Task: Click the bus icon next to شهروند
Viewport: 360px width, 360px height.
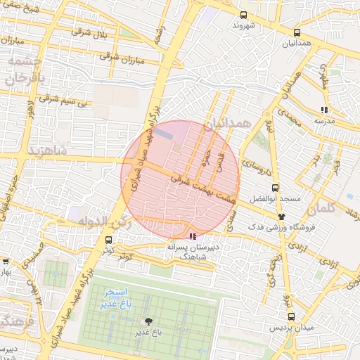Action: coord(243,14)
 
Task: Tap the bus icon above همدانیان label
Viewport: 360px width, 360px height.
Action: coord(297,32)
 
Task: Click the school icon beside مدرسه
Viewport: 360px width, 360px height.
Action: coord(323,110)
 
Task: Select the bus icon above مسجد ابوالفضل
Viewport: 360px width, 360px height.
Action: coord(274,188)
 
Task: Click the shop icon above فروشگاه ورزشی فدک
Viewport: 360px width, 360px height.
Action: coord(282,217)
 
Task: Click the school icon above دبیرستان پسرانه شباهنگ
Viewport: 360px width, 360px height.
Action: coord(193,236)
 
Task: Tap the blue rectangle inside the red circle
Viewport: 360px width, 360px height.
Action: coord(163,132)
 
